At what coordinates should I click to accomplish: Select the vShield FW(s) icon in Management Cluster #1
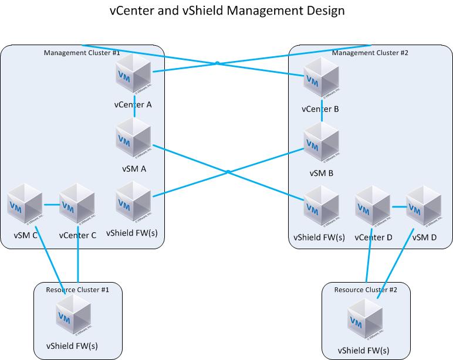134,202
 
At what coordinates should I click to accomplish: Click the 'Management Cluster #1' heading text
82,53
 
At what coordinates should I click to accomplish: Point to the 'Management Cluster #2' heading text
370,53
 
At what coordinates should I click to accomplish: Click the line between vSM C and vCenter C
51,205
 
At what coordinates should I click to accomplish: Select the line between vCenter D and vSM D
398,206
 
